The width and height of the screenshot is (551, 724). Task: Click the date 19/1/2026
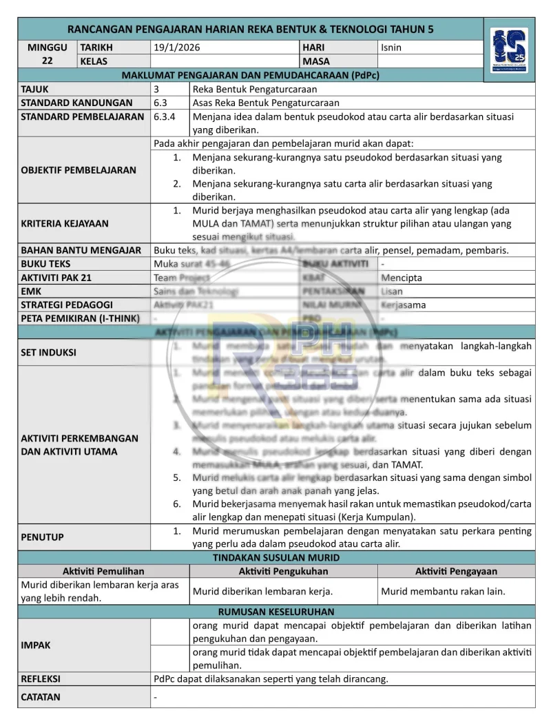(177, 48)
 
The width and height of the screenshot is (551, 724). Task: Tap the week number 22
(48, 61)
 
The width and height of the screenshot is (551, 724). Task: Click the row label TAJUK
(35, 89)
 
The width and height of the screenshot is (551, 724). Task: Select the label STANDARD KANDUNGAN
(67, 103)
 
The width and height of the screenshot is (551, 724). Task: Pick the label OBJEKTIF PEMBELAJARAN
(79, 170)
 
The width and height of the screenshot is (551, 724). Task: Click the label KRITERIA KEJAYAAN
(65, 223)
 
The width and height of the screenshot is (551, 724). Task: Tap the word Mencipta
(402, 278)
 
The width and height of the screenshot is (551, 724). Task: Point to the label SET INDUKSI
(48, 352)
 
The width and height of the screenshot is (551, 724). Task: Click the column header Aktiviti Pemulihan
(103, 571)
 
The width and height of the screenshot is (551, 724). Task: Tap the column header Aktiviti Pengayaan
(456, 571)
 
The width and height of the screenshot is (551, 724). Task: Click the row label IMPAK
(36, 645)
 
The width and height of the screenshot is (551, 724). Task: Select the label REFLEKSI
(41, 679)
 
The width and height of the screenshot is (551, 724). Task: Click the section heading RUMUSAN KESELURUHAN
(276, 611)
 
